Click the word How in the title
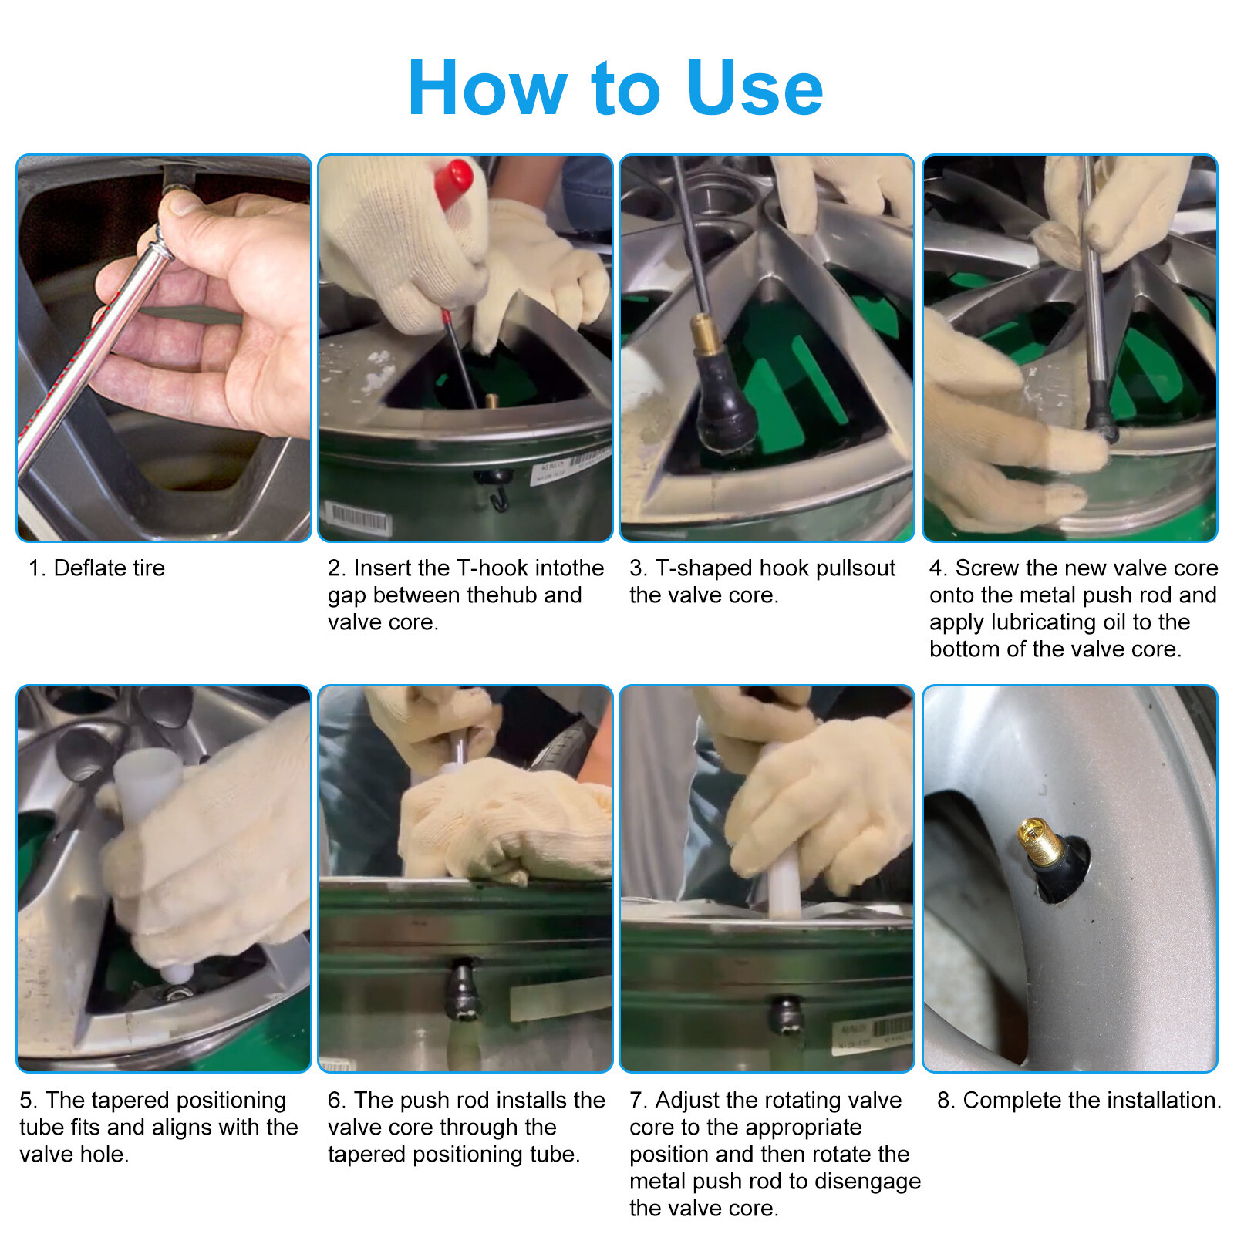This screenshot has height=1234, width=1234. [x=487, y=89]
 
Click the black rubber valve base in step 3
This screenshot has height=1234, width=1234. [x=725, y=409]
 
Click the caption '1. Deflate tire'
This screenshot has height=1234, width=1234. [x=97, y=568]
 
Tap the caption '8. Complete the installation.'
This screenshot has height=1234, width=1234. [x=1078, y=1100]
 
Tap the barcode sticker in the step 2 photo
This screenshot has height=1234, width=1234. [x=359, y=518]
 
